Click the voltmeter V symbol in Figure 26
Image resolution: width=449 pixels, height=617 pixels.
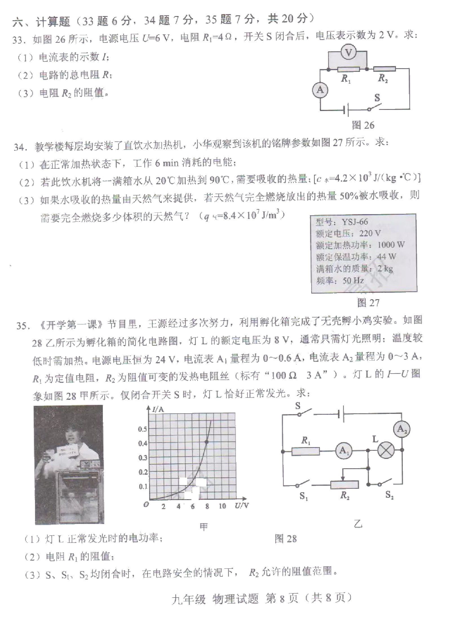[349, 52]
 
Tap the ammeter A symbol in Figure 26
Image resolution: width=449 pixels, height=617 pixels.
[320, 90]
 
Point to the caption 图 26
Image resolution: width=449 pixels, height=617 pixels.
[363, 125]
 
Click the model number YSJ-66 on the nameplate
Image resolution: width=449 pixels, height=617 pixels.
[355, 222]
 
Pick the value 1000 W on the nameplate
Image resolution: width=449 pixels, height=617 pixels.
[391, 245]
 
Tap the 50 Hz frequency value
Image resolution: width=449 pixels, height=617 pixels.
[353, 280]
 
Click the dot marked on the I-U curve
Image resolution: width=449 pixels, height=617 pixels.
[207, 442]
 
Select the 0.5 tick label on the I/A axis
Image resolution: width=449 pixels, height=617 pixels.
[143, 429]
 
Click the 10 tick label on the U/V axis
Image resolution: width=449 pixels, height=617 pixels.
[222, 506]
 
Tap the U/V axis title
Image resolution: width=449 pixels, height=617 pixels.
[242, 505]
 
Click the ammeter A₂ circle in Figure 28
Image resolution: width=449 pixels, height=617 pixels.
[402, 429]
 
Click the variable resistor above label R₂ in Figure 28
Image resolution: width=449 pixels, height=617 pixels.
[344, 484]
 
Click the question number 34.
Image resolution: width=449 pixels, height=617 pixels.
[19, 147]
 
